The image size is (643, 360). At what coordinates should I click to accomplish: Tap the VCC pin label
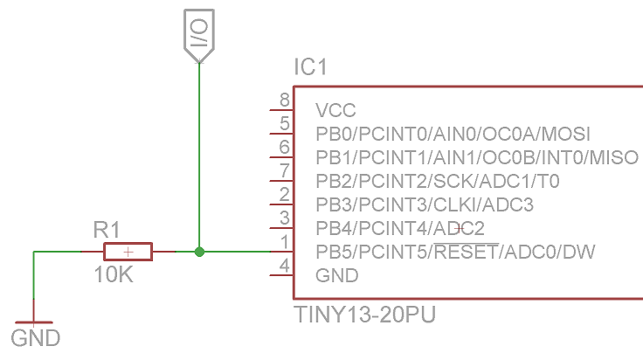tap(336, 111)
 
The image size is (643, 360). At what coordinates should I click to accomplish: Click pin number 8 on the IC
tap(285, 100)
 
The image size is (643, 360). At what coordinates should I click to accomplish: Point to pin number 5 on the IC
tap(285, 124)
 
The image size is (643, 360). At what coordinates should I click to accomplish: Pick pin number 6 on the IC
tap(285, 148)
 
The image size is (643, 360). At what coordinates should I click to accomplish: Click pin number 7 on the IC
tap(285, 171)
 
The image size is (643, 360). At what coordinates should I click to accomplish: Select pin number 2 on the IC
tap(285, 195)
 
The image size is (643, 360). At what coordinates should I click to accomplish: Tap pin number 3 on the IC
tap(285, 218)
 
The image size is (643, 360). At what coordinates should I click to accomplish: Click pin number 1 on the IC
tap(285, 242)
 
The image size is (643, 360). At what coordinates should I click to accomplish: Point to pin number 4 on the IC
tap(285, 266)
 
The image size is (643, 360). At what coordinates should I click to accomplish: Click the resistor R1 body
tap(128, 253)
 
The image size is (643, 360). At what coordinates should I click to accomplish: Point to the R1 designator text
tap(106, 231)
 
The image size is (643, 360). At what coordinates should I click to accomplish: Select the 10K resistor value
tap(114, 274)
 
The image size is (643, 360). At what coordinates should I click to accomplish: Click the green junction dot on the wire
tap(199, 253)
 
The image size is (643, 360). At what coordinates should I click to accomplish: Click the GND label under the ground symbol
tap(36, 338)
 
